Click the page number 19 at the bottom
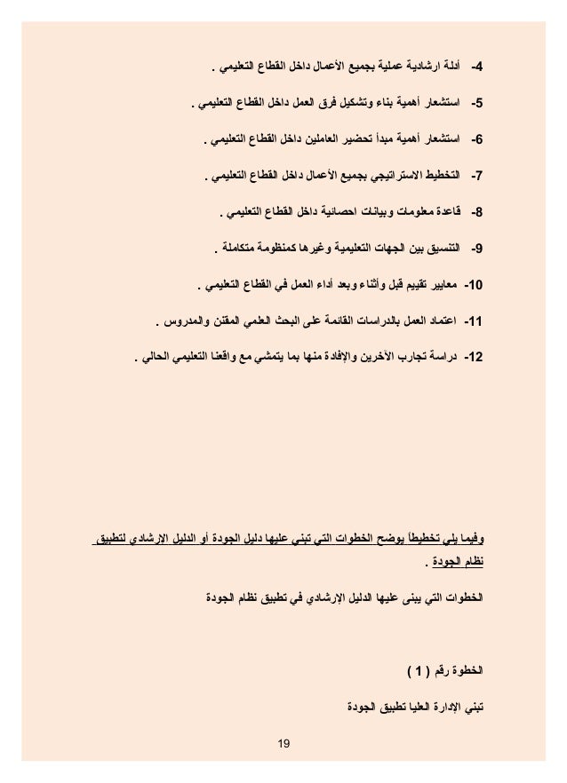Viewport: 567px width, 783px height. tap(283, 739)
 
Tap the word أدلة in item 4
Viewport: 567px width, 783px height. tap(455, 67)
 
